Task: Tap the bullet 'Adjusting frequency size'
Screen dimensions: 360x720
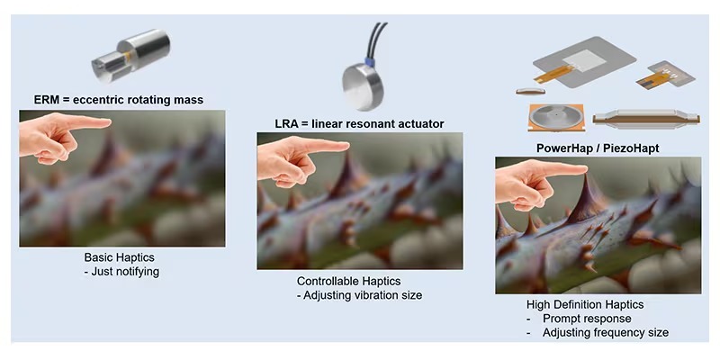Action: coord(605,333)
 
